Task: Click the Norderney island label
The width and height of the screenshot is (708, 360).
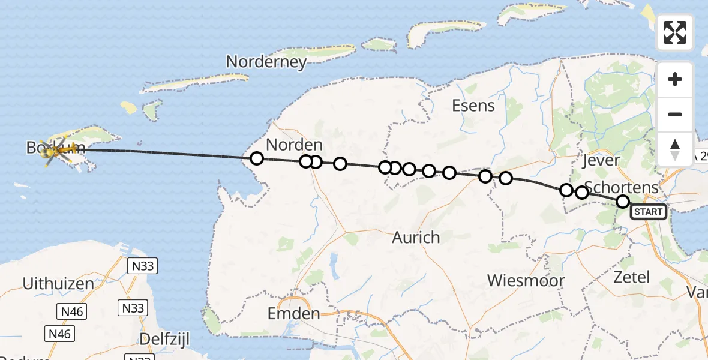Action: point(266,62)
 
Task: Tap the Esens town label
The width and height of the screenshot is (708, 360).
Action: point(473,106)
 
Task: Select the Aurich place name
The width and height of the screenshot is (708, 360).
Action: point(416,238)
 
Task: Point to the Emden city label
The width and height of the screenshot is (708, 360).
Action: point(294,314)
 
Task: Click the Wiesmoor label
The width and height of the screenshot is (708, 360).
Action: point(526,281)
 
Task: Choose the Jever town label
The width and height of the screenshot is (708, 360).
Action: point(601,161)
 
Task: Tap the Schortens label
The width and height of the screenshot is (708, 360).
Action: point(621,187)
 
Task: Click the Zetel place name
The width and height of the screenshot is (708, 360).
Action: point(631,277)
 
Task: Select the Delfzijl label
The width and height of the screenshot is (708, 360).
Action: point(164,340)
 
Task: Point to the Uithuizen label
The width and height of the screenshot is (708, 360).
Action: point(58,283)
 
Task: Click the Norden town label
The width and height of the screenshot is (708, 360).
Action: point(294,145)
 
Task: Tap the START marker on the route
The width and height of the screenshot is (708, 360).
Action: point(648,212)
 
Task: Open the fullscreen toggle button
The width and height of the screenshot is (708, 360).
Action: point(675,32)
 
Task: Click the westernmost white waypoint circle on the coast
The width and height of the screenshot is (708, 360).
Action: point(257,158)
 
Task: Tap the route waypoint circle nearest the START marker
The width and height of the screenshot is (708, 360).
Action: point(623,202)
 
